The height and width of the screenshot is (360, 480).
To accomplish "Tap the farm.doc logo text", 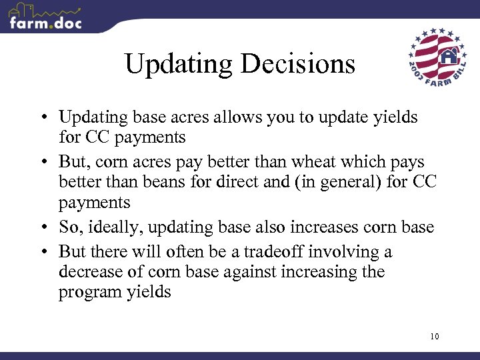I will [x=45, y=23].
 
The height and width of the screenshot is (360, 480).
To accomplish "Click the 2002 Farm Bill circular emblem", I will [x=437, y=56].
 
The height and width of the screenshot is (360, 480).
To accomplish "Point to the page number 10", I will [x=435, y=336].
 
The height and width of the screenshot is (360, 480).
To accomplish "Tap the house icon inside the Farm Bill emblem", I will [x=450, y=55].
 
